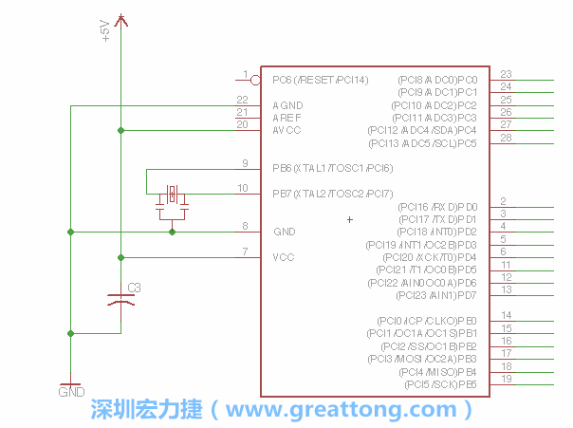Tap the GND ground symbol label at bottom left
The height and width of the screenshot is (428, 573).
pyautogui.click(x=71, y=390)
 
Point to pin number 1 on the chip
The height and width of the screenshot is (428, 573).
pyautogui.click(x=245, y=74)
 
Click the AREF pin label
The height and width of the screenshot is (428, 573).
pyautogui.click(x=286, y=118)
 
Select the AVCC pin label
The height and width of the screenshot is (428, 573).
pyautogui.click(x=286, y=130)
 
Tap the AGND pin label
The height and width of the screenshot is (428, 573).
pyautogui.click(x=286, y=105)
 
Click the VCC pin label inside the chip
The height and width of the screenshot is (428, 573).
pyautogui.click(x=283, y=257)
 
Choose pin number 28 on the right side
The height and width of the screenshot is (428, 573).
pyautogui.click(x=506, y=139)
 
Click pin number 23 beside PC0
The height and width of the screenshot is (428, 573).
pyautogui.click(x=506, y=74)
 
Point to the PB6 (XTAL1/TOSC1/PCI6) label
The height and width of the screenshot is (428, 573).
pyautogui.click(x=332, y=169)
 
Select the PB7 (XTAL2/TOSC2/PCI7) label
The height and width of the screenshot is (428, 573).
pyautogui.click(x=332, y=195)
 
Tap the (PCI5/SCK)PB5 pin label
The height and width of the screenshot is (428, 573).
pyautogui.click(x=440, y=385)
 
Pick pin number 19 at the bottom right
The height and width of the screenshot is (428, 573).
pyautogui.click(x=507, y=380)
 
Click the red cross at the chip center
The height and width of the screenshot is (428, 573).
pyautogui.click(x=350, y=220)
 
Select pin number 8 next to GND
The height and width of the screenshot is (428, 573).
pyautogui.click(x=245, y=226)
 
